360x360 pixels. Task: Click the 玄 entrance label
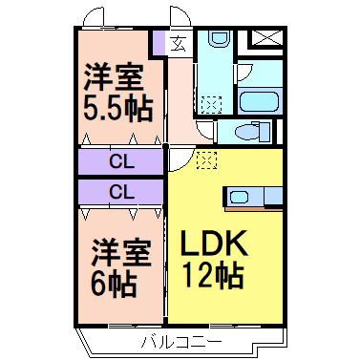click(x=180, y=44)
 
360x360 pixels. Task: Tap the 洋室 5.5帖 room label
click(x=117, y=93)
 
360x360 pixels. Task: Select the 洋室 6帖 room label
click(x=120, y=267)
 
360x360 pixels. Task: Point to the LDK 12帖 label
click(x=214, y=259)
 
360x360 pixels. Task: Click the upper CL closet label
click(x=121, y=162)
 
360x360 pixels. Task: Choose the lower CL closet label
click(x=121, y=192)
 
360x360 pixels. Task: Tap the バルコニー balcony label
click(x=180, y=343)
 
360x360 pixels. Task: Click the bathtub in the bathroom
click(x=259, y=102)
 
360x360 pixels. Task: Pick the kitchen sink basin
click(x=240, y=197)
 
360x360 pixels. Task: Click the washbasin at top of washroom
click(x=218, y=38)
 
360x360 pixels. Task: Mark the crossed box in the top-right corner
click(x=267, y=38)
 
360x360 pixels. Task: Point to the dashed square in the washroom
click(x=211, y=104)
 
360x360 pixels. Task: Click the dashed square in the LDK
click(x=206, y=159)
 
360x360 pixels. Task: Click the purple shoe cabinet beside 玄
click(x=159, y=43)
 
